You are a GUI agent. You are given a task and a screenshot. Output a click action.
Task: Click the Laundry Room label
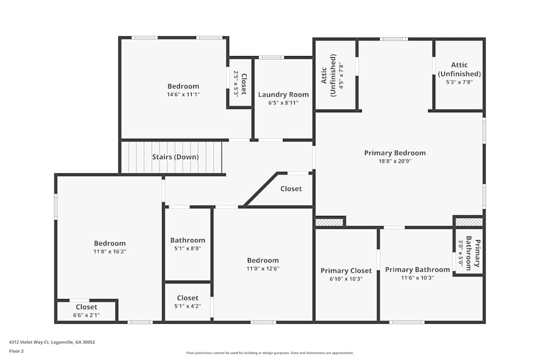pyautogui.click(x=283, y=94)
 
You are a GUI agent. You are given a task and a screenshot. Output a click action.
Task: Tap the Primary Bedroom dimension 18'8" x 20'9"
pyautogui.click(x=395, y=161)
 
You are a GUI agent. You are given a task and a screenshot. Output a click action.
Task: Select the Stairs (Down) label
pyautogui.click(x=175, y=157)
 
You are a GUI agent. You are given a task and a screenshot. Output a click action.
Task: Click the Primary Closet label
pyautogui.click(x=346, y=271)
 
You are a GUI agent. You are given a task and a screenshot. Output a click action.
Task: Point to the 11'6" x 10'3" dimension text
pyautogui.click(x=417, y=278)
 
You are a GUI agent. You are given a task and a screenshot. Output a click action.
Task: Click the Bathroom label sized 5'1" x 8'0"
pyautogui.click(x=187, y=240)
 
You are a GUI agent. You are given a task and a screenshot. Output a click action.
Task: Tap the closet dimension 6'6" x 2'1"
pyautogui.click(x=86, y=315)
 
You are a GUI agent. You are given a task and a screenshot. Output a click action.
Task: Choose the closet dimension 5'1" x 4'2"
pyautogui.click(x=187, y=306)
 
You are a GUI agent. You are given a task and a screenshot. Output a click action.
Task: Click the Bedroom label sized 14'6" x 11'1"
pyautogui.click(x=183, y=86)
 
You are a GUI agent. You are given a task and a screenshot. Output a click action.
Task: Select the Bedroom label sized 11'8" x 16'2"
pyautogui.click(x=110, y=243)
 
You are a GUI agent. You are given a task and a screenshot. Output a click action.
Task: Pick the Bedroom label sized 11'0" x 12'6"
pyautogui.click(x=263, y=260)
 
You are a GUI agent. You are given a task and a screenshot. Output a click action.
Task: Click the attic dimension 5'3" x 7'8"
pyautogui.click(x=459, y=82)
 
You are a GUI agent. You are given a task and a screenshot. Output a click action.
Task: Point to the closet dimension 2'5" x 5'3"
pyautogui.click(x=236, y=84)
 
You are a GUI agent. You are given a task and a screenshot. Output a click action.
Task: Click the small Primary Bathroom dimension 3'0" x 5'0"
pyautogui.click(x=461, y=252)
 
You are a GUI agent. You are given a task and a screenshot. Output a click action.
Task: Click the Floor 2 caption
pyautogui.click(x=17, y=351)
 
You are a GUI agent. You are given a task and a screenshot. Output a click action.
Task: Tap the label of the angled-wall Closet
pyautogui.click(x=291, y=189)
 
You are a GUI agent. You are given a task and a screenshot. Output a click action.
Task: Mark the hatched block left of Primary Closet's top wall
pyautogui.click(x=329, y=222)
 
